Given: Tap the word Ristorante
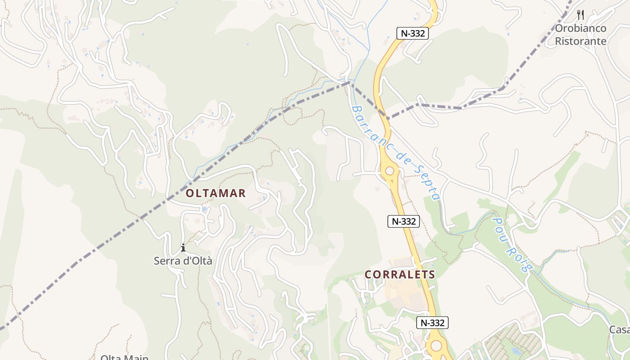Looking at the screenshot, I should tap(580, 41).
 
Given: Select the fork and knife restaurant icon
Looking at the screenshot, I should tap(580, 15).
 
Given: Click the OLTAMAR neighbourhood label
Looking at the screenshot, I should tap(216, 193).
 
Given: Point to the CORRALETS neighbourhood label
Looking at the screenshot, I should tap(400, 274).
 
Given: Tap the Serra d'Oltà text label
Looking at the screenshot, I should tap(183, 261).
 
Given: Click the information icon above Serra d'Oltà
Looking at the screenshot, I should tap(183, 247).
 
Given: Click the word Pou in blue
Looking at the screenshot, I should tap(500, 227).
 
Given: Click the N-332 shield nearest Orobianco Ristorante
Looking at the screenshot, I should tap(412, 33).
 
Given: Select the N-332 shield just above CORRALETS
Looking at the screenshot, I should tap(403, 221).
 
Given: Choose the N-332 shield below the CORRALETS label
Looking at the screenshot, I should tap(432, 323).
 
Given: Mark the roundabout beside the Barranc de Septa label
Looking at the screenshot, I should tap(390, 171).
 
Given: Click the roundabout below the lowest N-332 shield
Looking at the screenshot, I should tap(436, 346).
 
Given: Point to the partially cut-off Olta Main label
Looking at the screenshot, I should tap(124, 357).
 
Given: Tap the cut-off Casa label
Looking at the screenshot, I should tap(620, 329).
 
